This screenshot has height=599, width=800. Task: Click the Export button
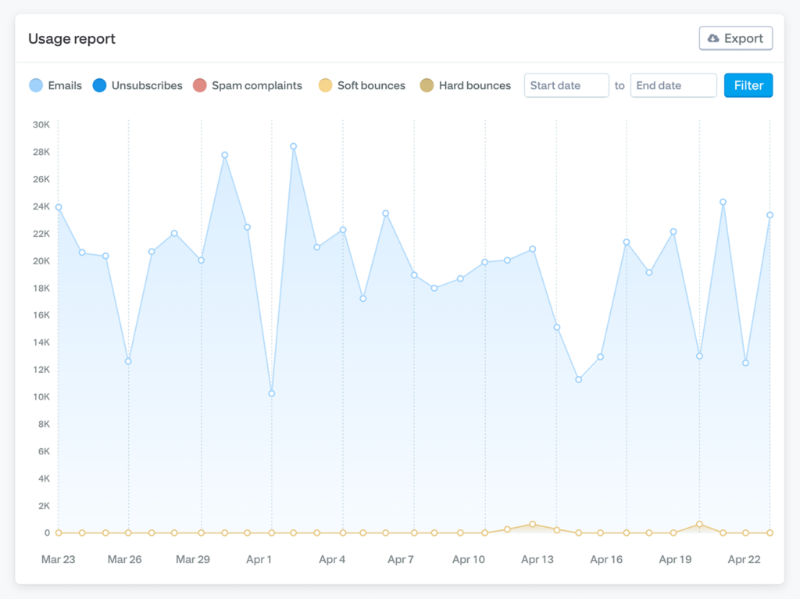click(736, 38)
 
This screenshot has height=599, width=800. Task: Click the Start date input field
click(566, 85)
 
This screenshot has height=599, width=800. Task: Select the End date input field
click(673, 85)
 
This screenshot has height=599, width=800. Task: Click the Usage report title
click(72, 39)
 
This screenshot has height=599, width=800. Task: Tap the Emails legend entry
click(55, 85)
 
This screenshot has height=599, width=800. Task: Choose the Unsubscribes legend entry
click(137, 85)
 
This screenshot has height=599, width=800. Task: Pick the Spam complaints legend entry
click(248, 85)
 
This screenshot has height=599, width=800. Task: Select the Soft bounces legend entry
click(362, 85)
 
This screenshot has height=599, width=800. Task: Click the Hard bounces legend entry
click(466, 85)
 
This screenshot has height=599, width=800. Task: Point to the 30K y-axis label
click(41, 124)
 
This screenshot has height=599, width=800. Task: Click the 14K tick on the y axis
click(41, 343)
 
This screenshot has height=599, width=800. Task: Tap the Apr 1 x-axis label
click(259, 559)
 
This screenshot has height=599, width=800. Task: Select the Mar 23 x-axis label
click(58, 559)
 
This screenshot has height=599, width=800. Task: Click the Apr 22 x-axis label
click(744, 559)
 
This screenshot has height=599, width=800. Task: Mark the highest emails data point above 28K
click(294, 146)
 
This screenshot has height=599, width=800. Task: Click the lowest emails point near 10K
click(271, 393)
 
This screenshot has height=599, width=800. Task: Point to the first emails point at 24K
click(59, 207)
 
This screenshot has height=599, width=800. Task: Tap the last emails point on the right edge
click(770, 215)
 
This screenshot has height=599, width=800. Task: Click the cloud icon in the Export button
click(713, 38)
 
